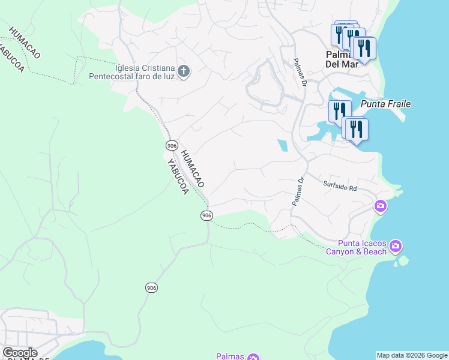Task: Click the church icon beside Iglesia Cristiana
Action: click(x=184, y=72)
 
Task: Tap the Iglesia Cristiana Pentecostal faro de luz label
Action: click(x=131, y=72)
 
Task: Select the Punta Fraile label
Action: click(x=385, y=104)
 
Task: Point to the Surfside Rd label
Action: click(x=340, y=185)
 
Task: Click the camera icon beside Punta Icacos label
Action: click(x=395, y=246)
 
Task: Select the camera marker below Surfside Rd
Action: click(x=380, y=207)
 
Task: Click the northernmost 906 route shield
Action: click(x=172, y=146)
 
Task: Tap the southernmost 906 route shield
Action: click(x=151, y=288)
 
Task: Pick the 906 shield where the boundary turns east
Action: click(x=206, y=215)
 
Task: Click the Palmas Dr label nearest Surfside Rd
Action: click(x=299, y=191)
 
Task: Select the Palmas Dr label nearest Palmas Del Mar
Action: click(x=300, y=72)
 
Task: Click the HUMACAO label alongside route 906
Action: click(x=193, y=167)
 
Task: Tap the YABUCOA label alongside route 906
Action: click(x=177, y=176)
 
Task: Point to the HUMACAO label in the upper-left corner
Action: click(x=24, y=41)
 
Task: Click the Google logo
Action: click(x=20, y=353)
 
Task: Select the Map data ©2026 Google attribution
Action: click(x=412, y=355)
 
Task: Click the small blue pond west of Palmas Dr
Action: click(x=282, y=145)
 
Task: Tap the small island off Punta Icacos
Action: click(x=403, y=261)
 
